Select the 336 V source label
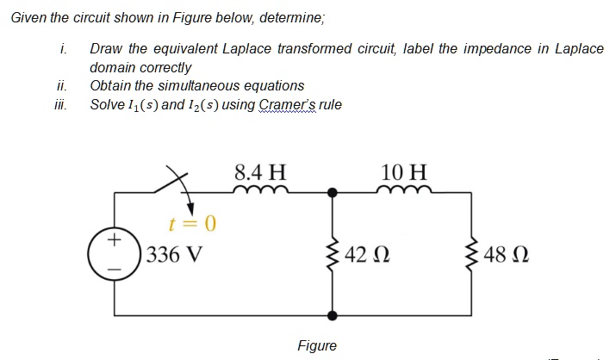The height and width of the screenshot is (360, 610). (x=174, y=255)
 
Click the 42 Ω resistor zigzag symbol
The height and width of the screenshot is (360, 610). (x=332, y=254)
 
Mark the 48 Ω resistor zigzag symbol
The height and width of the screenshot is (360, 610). (x=473, y=254)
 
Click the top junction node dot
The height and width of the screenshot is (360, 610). (x=332, y=193)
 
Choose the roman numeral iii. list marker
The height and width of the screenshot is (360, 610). (x=61, y=105)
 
